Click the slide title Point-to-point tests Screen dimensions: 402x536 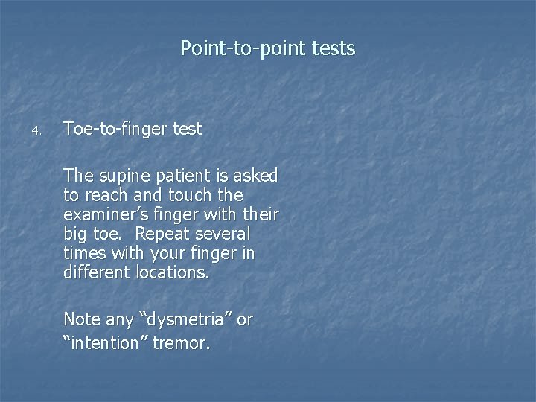(268, 49)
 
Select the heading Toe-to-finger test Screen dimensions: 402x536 (133, 129)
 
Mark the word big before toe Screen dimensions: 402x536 (77, 234)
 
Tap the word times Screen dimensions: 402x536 (85, 254)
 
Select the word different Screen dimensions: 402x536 (98, 273)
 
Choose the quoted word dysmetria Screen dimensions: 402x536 (186, 320)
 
